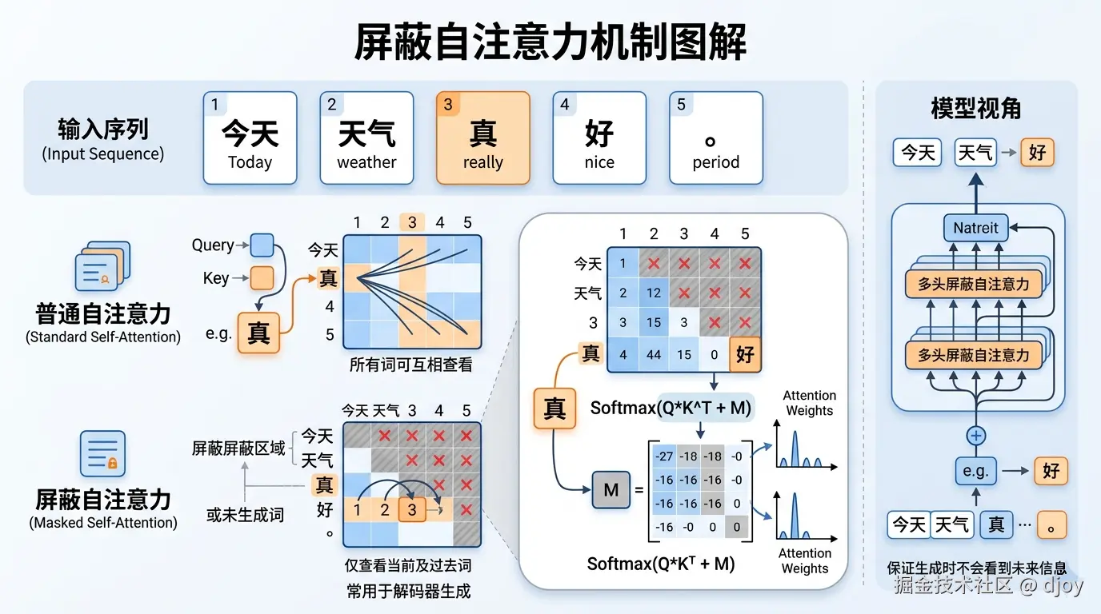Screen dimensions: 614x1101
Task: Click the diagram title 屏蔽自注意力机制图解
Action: point(550,42)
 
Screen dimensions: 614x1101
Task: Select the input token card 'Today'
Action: point(250,138)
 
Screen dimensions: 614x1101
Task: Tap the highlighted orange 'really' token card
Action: point(483,138)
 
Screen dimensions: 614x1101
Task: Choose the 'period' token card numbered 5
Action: point(716,138)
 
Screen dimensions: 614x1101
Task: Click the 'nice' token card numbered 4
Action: point(599,138)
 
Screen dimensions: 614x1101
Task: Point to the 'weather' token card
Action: point(366,138)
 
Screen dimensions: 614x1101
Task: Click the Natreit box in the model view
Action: point(975,228)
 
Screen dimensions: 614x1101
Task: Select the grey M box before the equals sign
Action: point(611,490)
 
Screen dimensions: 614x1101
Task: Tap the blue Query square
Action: point(262,245)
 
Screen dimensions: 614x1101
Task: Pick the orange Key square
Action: point(262,277)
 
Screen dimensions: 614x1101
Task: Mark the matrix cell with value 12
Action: point(654,293)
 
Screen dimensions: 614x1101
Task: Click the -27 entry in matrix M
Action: point(663,457)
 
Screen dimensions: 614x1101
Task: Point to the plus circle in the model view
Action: point(976,436)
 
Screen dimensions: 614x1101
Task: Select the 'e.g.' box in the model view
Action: point(976,471)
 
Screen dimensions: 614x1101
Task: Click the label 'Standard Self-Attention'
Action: point(103,337)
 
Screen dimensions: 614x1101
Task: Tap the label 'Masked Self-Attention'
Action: point(103,523)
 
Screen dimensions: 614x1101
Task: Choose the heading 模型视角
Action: point(976,109)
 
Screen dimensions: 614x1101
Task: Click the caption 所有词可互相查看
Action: point(410,365)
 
